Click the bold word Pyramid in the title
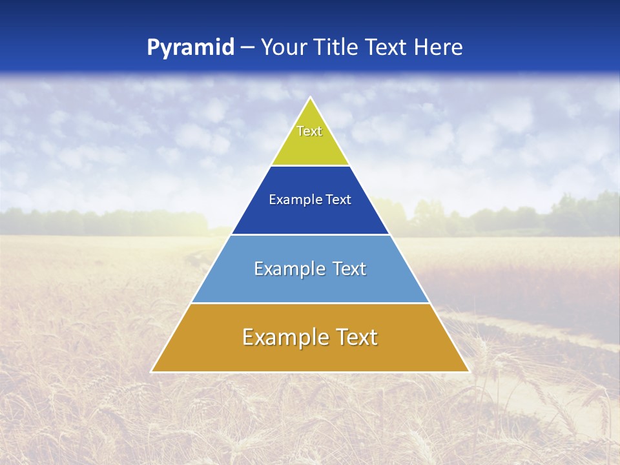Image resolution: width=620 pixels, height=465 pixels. (191, 48)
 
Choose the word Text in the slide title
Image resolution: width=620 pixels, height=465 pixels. (386, 48)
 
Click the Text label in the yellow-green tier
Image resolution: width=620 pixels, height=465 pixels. (309, 131)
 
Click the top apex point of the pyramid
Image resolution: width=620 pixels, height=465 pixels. (310, 98)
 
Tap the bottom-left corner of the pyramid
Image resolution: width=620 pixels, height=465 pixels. (152, 371)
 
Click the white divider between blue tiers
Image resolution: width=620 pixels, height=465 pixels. (310, 234)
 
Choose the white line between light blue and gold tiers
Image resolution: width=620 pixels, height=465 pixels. (310, 303)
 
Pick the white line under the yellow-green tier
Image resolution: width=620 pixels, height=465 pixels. (310, 165)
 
